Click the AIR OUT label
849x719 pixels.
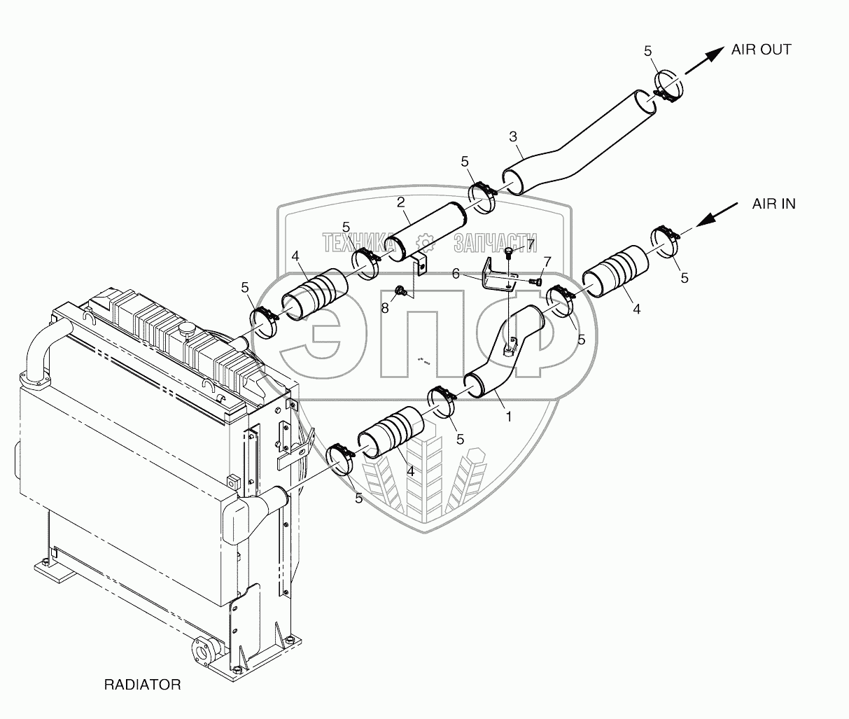[x=761, y=50]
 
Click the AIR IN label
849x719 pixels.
[x=774, y=204]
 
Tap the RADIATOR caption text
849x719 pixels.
[x=143, y=685]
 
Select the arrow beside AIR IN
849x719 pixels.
[x=716, y=214]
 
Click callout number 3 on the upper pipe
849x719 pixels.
[x=513, y=137]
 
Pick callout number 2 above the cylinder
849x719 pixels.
[x=401, y=202]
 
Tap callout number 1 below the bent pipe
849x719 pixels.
[x=509, y=417]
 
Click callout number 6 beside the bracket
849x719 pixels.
[x=456, y=274]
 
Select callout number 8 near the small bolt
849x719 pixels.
[x=385, y=308]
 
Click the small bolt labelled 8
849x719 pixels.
[x=400, y=292]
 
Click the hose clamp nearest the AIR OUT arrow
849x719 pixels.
[x=668, y=88]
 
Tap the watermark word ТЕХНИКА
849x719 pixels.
[x=358, y=242]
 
